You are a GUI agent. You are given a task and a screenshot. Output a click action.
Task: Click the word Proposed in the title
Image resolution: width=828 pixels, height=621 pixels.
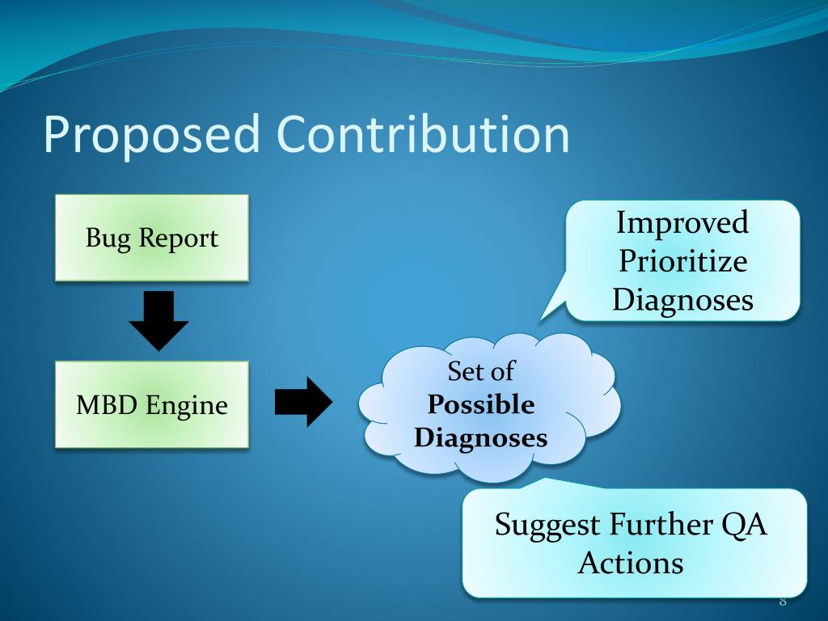tap(151, 135)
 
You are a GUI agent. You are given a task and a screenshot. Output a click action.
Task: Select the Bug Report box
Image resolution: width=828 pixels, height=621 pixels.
tap(151, 238)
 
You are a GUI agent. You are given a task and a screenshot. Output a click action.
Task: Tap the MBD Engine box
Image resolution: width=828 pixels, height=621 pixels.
tap(151, 404)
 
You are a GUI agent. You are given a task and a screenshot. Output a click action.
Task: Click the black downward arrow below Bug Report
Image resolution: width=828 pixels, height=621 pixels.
tap(158, 320)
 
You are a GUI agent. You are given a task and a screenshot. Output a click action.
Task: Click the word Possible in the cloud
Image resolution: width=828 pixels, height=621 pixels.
tap(481, 404)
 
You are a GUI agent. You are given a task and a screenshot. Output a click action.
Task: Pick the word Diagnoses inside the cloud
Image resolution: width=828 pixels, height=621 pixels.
tap(481, 438)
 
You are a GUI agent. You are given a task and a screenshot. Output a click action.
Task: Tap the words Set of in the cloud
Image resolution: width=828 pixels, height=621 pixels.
tap(481, 371)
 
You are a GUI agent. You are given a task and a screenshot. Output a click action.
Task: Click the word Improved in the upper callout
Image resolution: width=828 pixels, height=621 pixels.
tap(682, 222)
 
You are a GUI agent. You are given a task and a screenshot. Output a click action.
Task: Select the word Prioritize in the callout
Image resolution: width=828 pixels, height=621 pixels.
tap(682, 261)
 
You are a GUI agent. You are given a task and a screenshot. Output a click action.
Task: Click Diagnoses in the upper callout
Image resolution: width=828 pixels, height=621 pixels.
tap(682, 300)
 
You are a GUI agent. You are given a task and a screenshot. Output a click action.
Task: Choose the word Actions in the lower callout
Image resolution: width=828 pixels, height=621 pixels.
tap(631, 563)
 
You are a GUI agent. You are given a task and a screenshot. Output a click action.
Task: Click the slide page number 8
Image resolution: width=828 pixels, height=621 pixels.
tap(783, 601)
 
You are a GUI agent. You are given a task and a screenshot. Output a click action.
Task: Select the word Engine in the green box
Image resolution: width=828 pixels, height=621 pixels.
tap(187, 404)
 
